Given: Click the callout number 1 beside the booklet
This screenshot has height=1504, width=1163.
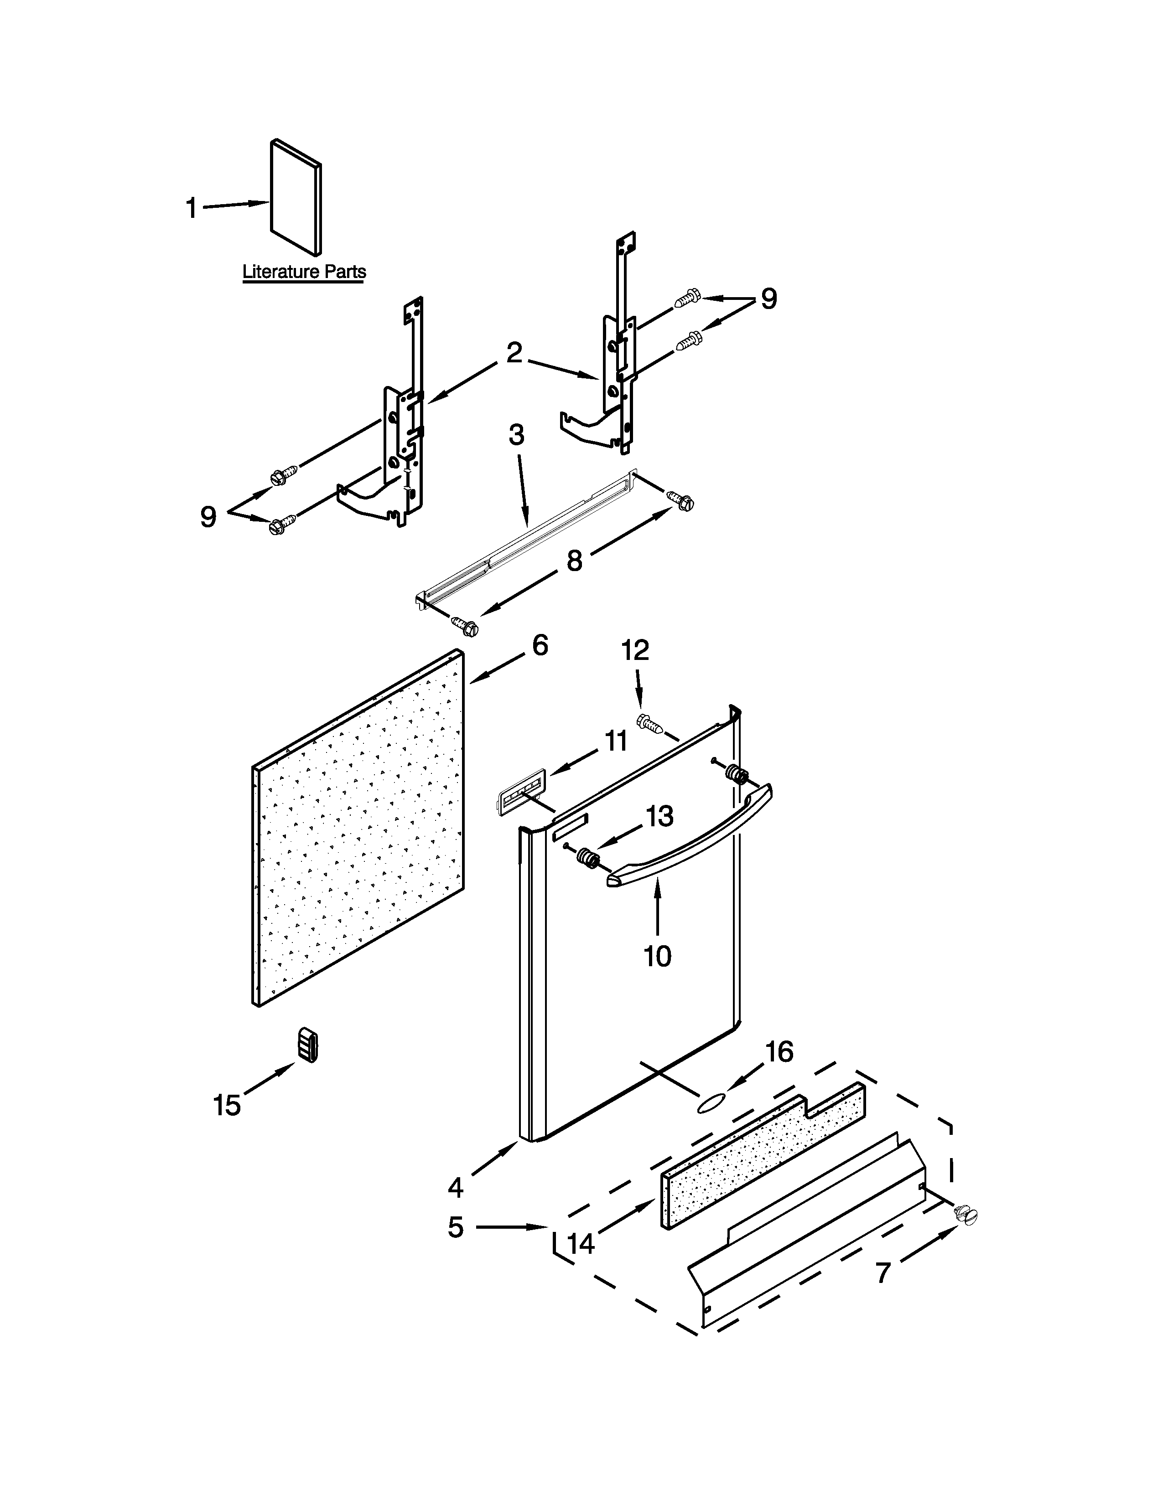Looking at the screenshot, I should [x=192, y=208].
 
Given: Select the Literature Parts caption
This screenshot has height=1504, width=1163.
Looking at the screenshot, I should [x=304, y=272].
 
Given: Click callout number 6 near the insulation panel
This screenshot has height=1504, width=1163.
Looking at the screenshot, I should [x=540, y=645].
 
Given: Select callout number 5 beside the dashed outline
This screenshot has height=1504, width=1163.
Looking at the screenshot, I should [x=456, y=1227].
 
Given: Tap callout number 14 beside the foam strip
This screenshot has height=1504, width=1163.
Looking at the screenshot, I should [x=581, y=1244].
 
